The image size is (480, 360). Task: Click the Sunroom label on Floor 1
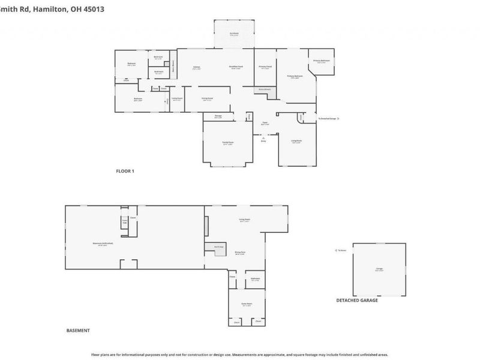pos(234,34)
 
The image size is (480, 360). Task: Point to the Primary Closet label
pos(265,67)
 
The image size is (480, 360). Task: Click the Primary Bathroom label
pos(321,61)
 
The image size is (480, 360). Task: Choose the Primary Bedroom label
pos(295,76)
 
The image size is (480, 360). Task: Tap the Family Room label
pos(228,142)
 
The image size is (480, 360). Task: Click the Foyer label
pos(264,123)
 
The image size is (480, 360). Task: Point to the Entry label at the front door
pos(263,141)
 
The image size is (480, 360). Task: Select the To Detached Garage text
pos(327,119)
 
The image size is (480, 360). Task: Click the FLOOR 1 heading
pos(125,171)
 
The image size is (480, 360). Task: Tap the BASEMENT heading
pos(77,331)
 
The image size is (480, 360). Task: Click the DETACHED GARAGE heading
pos(357,300)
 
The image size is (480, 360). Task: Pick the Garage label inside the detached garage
pos(379,270)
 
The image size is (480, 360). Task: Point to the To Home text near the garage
pos(342,250)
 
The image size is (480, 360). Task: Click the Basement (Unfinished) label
pos(103,243)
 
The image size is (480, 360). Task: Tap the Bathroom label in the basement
pos(254,279)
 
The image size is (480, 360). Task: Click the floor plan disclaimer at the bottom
pos(240,355)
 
